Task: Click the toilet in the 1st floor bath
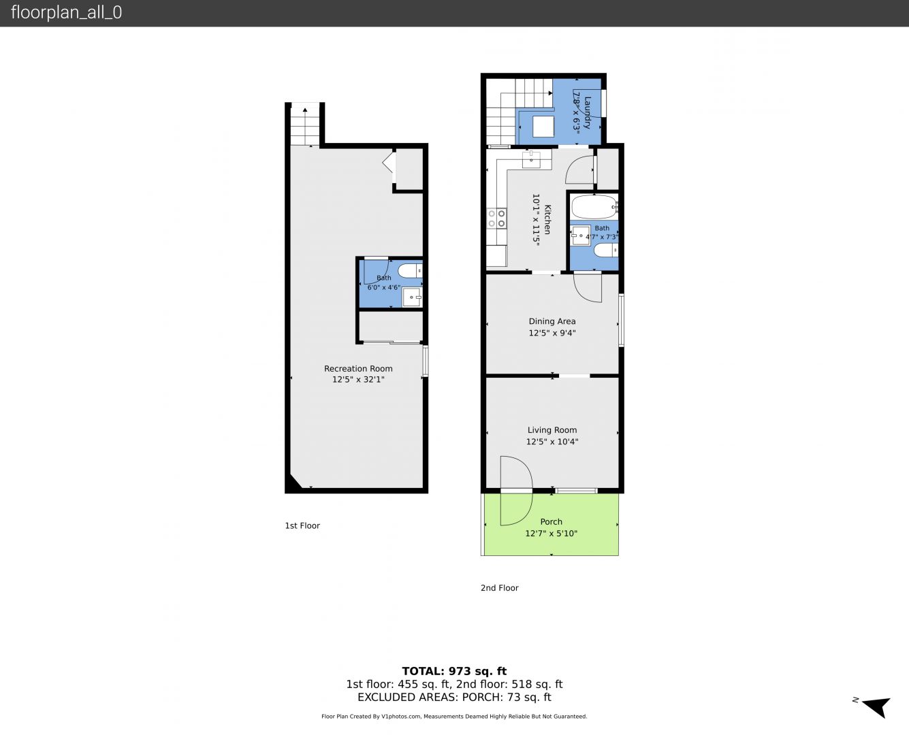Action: (x=410, y=270)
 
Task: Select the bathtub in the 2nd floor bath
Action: (x=594, y=207)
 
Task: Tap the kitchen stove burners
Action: (x=497, y=218)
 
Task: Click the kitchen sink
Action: (x=531, y=159)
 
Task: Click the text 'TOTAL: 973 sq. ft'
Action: (x=454, y=671)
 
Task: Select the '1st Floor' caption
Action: (x=302, y=525)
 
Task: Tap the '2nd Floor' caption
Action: (x=499, y=588)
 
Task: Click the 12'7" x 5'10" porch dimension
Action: (x=551, y=534)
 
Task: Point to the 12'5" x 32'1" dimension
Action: (x=358, y=380)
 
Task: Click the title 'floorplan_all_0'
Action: (x=66, y=12)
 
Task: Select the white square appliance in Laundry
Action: (x=543, y=127)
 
